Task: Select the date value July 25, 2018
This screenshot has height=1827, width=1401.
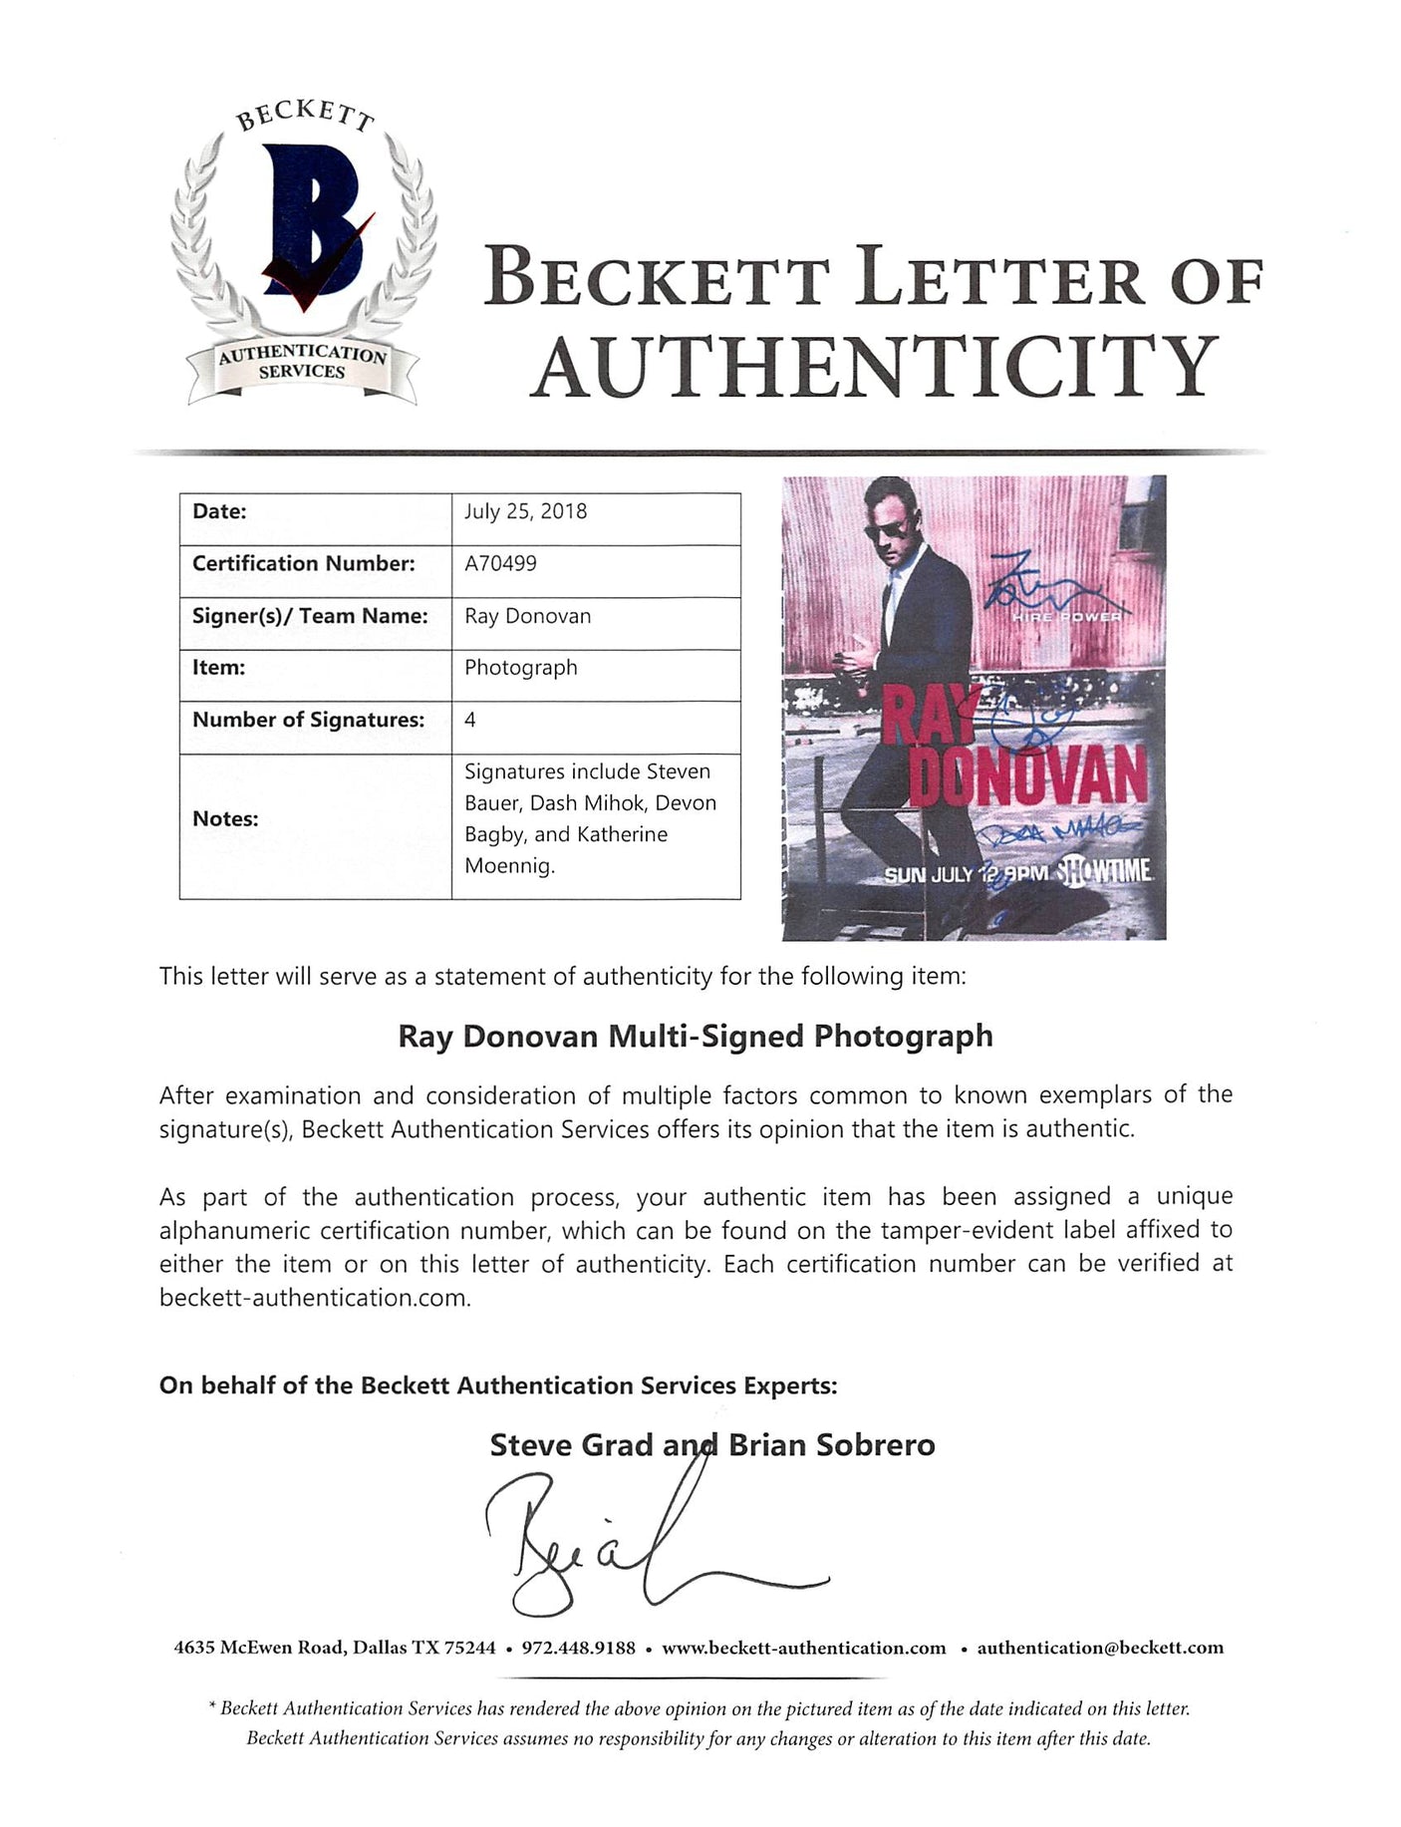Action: (525, 511)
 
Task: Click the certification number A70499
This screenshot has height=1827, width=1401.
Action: (500, 563)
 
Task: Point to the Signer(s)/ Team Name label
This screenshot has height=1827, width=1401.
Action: (310, 616)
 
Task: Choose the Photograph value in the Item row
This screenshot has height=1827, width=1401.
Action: (520, 668)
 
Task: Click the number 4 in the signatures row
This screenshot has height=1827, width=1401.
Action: (470, 720)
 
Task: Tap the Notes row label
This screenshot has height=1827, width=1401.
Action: (225, 818)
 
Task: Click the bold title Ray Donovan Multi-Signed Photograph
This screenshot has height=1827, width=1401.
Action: (696, 1037)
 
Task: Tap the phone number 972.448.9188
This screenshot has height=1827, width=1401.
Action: (579, 1649)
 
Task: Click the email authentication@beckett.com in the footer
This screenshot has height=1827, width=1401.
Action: (1100, 1649)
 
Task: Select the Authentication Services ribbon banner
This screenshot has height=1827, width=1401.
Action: (303, 363)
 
